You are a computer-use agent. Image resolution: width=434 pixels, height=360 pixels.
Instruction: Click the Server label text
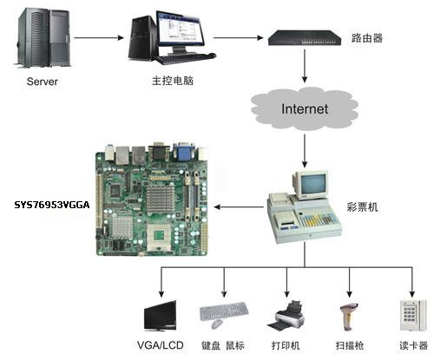43,82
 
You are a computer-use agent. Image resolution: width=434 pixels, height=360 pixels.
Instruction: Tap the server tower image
43,37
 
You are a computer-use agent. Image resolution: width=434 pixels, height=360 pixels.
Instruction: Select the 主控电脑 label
173,81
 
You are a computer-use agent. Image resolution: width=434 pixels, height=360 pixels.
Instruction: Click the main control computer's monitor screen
180,29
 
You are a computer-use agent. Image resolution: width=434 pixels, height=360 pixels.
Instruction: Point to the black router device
305,38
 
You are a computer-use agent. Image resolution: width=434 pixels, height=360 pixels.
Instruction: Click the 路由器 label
367,38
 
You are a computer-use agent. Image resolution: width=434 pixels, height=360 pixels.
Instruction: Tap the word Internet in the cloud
305,109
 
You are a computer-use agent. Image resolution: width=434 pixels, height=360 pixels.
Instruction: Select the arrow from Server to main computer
99,37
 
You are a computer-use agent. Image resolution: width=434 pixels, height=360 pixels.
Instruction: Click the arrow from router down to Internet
305,66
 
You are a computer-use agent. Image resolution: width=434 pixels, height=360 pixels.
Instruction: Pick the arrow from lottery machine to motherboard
239,206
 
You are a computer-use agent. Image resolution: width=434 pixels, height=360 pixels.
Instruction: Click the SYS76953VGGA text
52,205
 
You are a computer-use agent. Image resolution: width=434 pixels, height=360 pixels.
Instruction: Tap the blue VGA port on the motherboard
183,152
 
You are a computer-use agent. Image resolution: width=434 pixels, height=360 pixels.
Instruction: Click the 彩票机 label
362,207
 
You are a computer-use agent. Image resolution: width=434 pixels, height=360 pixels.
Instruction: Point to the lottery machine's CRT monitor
312,185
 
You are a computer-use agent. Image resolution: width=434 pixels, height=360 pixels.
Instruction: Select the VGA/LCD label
161,345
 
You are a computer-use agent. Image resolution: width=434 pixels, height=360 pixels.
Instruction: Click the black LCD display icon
161,316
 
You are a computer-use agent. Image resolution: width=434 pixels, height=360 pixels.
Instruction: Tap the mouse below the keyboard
217,324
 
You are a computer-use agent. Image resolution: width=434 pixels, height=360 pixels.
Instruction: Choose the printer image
286,316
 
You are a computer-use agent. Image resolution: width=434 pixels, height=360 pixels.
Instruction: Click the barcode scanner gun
349,317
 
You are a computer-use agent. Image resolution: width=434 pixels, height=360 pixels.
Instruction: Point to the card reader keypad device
413,316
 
